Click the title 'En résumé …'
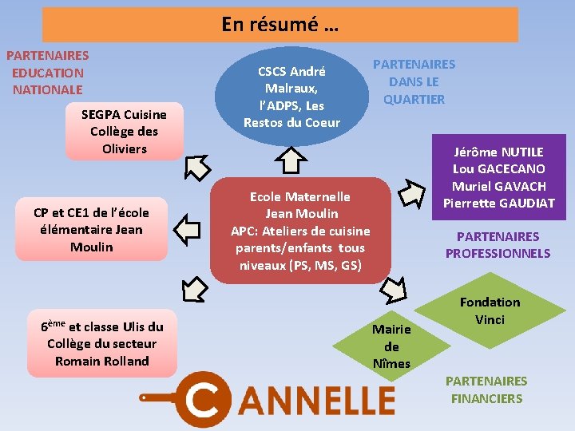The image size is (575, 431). point(280,24)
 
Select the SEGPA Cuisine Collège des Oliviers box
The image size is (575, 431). point(124,132)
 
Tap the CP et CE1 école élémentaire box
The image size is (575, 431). point(91,230)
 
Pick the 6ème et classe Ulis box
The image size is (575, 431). point(101,343)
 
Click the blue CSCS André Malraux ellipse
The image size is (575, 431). point(291,97)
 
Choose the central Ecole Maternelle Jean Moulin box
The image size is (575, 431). point(300,230)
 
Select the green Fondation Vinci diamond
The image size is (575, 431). point(490,311)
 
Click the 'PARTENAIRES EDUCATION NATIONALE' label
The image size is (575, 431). point(47,73)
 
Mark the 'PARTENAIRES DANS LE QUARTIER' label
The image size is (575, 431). point(414,81)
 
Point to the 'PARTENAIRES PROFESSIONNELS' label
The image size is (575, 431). point(498,245)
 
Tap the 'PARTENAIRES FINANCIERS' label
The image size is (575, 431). point(486,389)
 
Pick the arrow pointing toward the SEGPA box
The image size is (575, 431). point(196,168)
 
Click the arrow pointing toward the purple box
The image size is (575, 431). point(411,192)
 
